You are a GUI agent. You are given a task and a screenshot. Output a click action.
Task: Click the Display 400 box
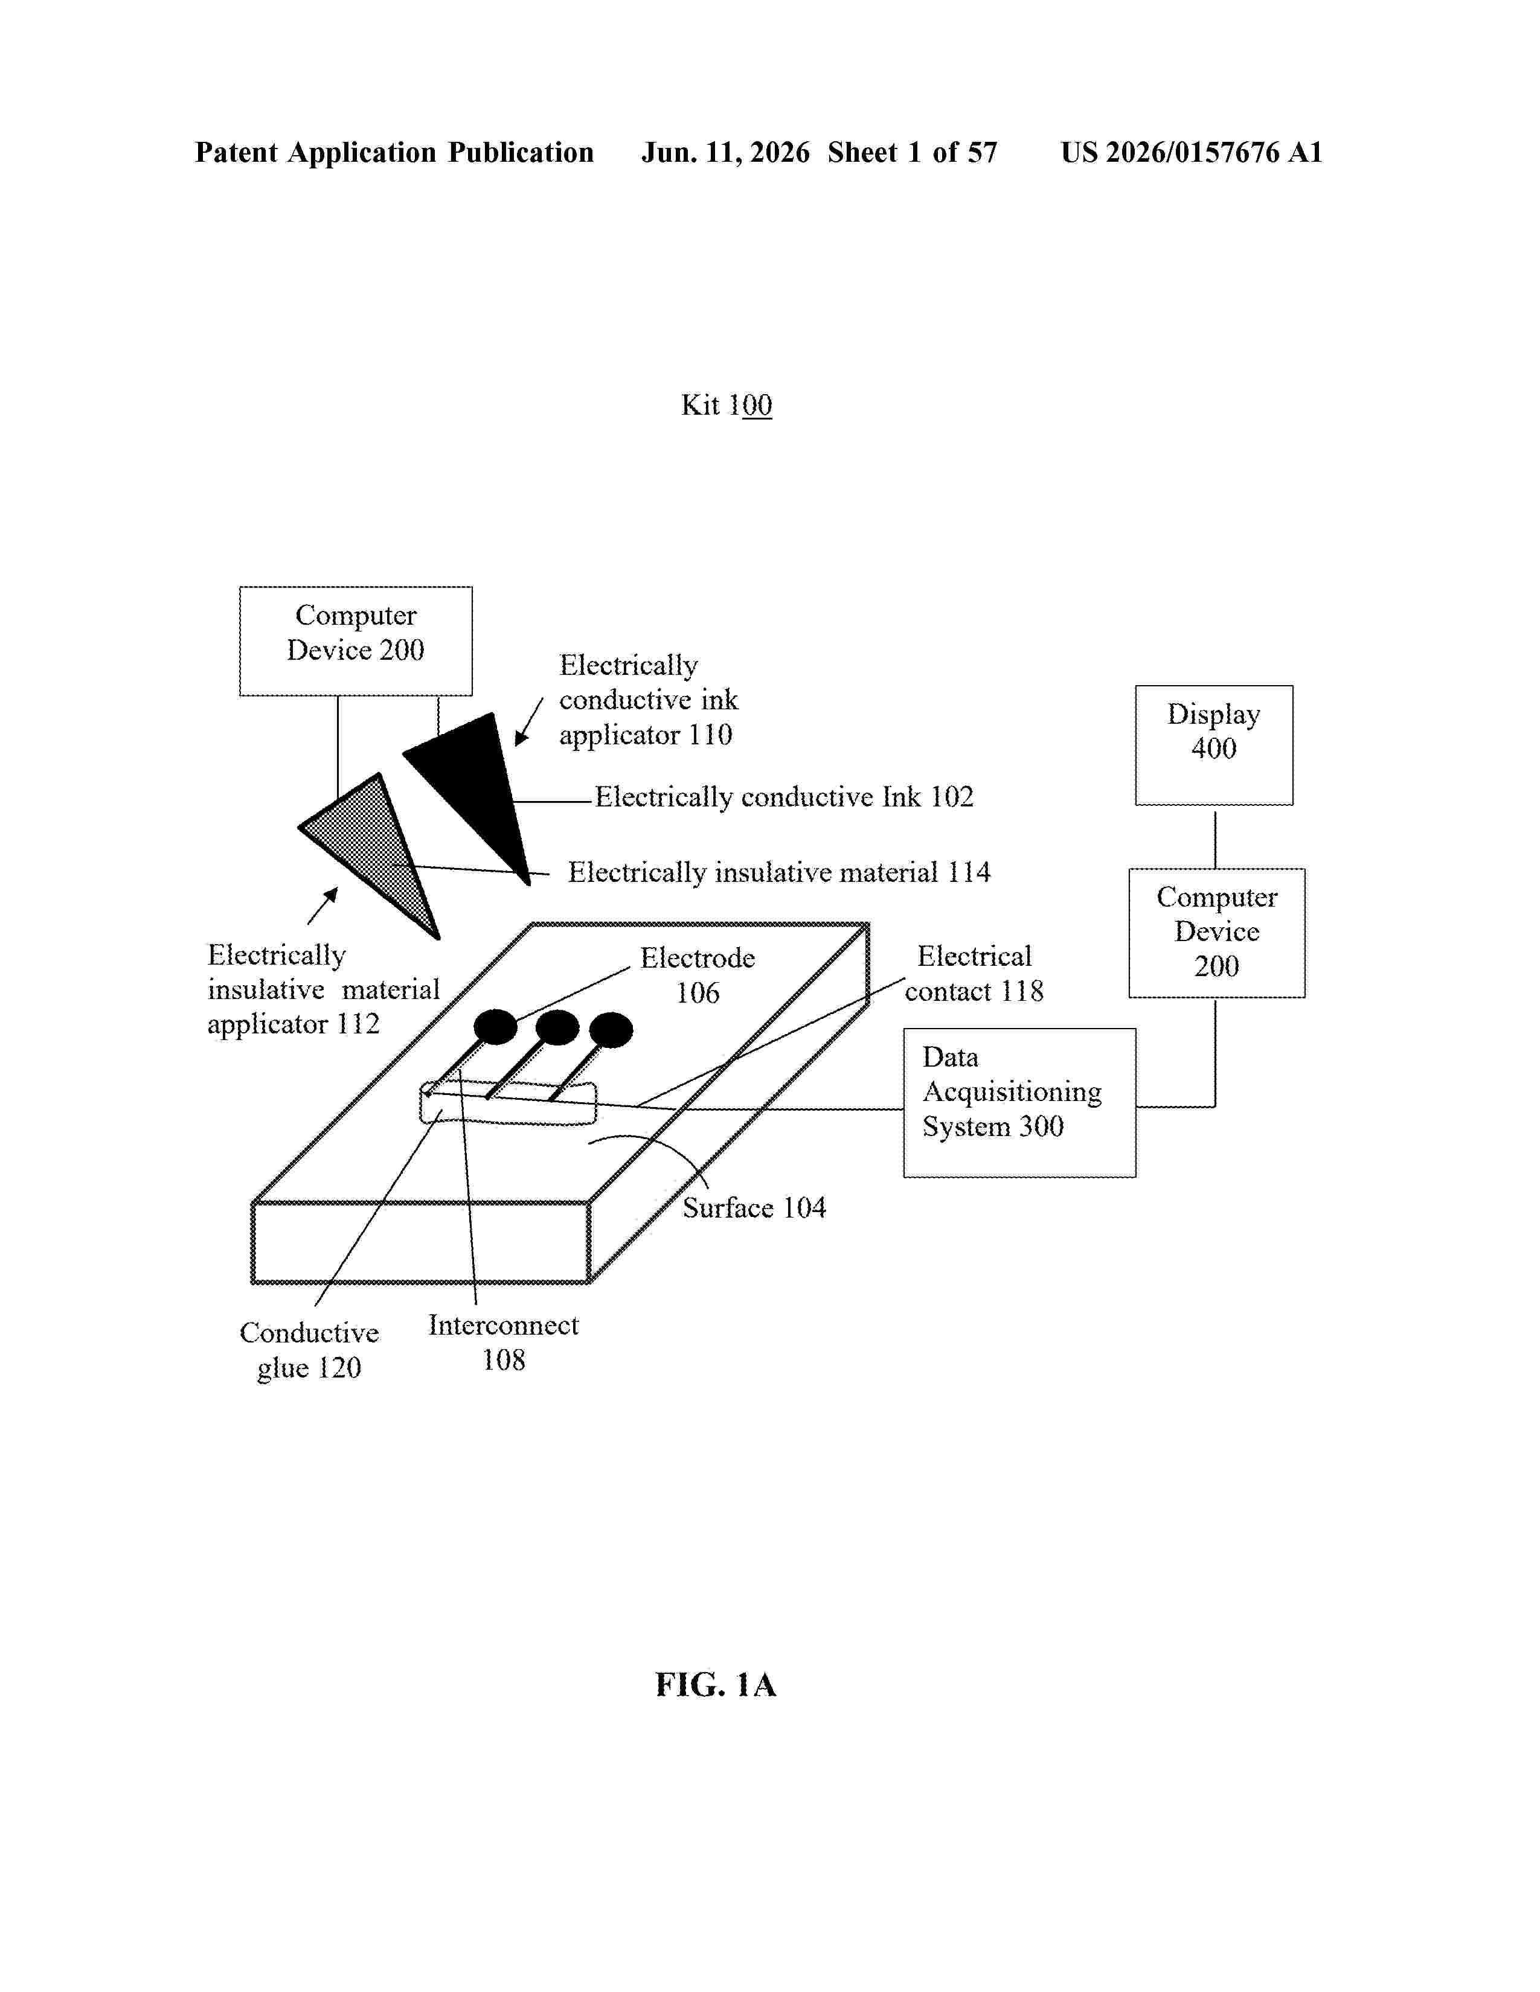(1213, 745)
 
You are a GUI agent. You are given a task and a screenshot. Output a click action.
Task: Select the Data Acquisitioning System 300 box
(1019, 1103)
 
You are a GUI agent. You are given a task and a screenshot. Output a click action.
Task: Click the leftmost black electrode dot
(495, 1027)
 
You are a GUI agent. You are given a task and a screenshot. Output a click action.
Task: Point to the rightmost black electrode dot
(611, 1030)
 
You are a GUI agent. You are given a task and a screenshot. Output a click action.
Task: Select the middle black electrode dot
(557, 1028)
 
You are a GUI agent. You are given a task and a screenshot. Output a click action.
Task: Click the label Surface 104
(754, 1208)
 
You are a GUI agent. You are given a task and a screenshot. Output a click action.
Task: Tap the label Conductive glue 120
(309, 1350)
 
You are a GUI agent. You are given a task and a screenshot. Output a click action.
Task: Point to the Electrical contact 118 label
(974, 973)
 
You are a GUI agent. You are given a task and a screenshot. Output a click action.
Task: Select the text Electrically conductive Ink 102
(784, 797)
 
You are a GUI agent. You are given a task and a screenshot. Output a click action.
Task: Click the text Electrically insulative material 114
(779, 873)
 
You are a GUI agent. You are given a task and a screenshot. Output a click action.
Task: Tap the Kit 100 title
(726, 405)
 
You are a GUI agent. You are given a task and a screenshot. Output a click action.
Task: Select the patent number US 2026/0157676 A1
(1192, 152)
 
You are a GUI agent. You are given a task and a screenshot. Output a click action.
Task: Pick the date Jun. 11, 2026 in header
(725, 152)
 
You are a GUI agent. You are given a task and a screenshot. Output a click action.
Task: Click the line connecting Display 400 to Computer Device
(1214, 837)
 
